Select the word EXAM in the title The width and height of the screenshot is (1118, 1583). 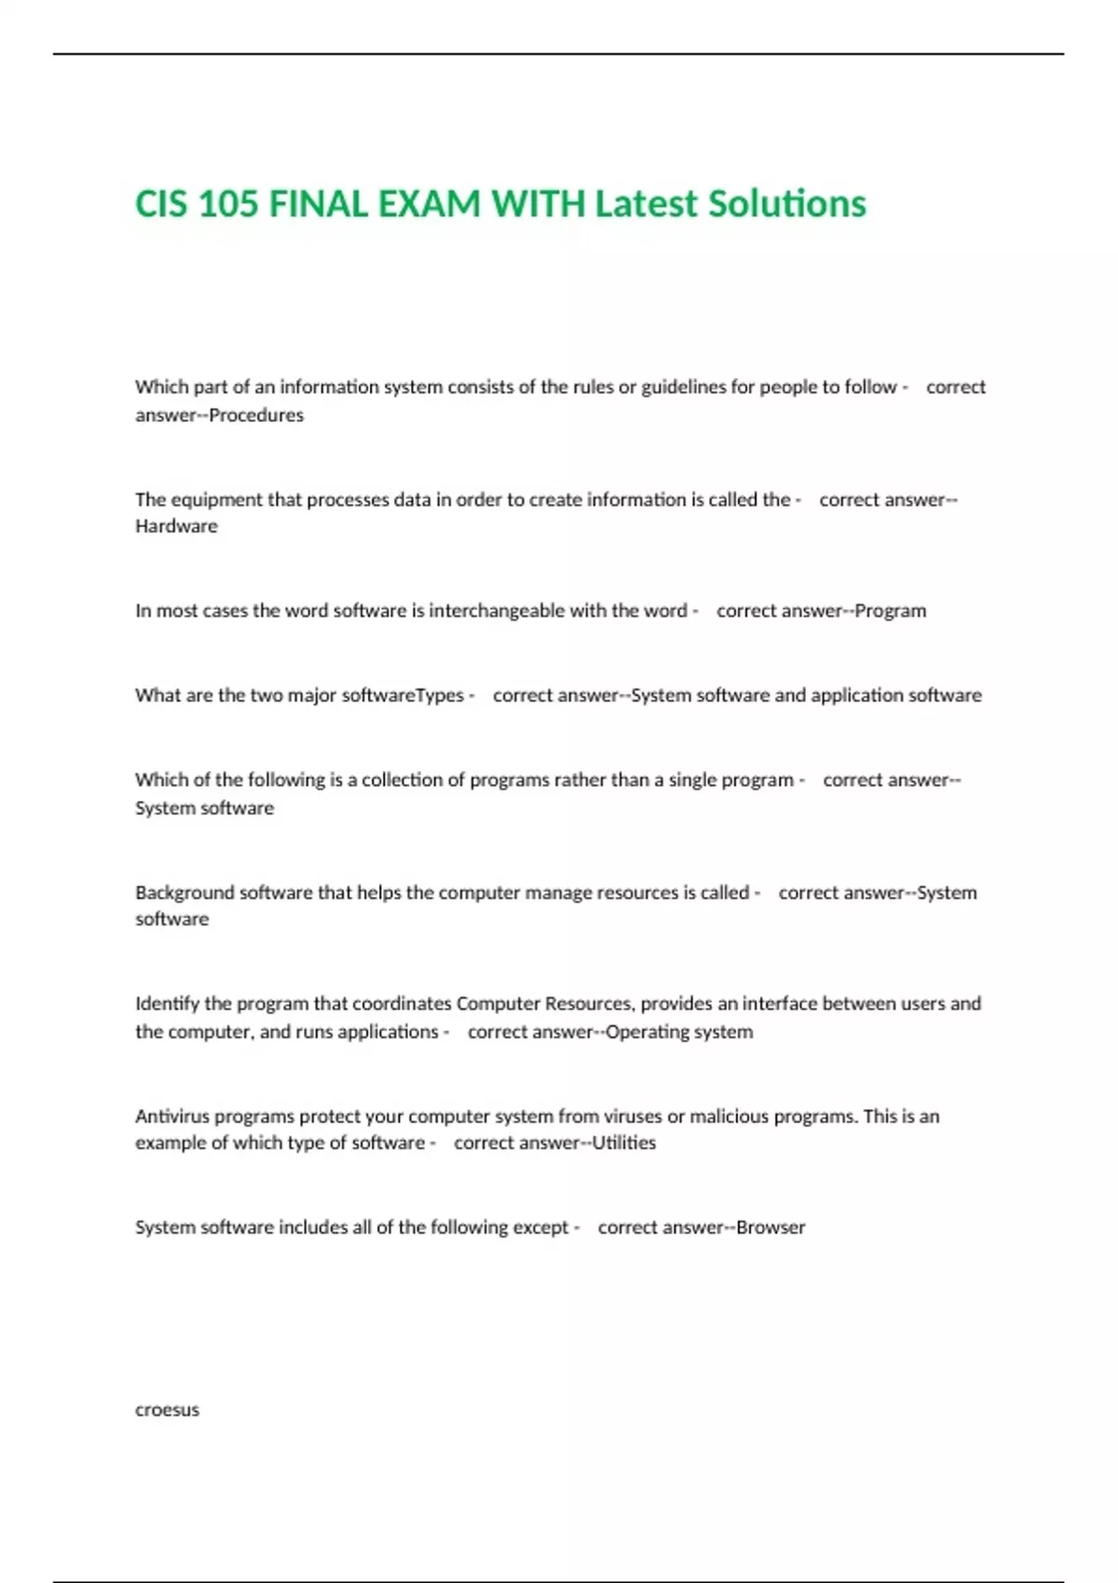click(x=429, y=204)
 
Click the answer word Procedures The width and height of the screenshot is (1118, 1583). click(x=256, y=415)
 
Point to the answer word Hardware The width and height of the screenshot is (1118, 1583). click(x=176, y=526)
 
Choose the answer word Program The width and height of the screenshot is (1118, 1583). click(x=891, y=611)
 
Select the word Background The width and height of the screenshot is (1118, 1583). click(x=184, y=892)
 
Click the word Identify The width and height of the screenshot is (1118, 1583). click(x=167, y=1004)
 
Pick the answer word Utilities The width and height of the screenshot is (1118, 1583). click(x=624, y=1143)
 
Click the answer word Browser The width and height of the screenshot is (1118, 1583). click(x=770, y=1227)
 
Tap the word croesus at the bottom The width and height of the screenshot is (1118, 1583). click(x=167, y=1410)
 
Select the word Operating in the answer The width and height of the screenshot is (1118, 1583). click(x=643, y=1032)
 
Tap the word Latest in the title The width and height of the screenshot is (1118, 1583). click(x=646, y=204)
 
